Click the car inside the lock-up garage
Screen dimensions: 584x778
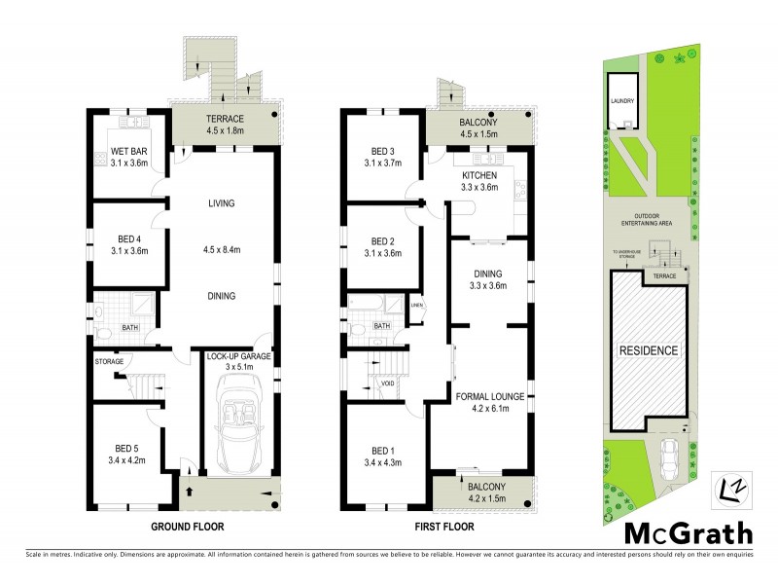pyautogui.click(x=236, y=423)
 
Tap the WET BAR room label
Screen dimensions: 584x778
pyautogui.click(x=127, y=151)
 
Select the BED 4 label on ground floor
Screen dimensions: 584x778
pyautogui.click(x=127, y=240)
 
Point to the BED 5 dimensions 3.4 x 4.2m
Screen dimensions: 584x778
pyautogui.click(x=127, y=462)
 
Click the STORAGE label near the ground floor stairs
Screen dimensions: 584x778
pyautogui.click(x=109, y=361)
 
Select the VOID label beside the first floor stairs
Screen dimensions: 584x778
pyautogui.click(x=387, y=383)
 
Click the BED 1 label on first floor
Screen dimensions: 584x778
pyautogui.click(x=385, y=451)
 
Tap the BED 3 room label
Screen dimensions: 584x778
pyautogui.click(x=385, y=151)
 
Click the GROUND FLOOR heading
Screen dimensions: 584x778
pyautogui.click(x=187, y=527)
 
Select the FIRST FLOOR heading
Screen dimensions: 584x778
pyautogui.click(x=436, y=527)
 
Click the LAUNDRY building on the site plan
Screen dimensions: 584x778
pyautogui.click(x=622, y=100)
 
